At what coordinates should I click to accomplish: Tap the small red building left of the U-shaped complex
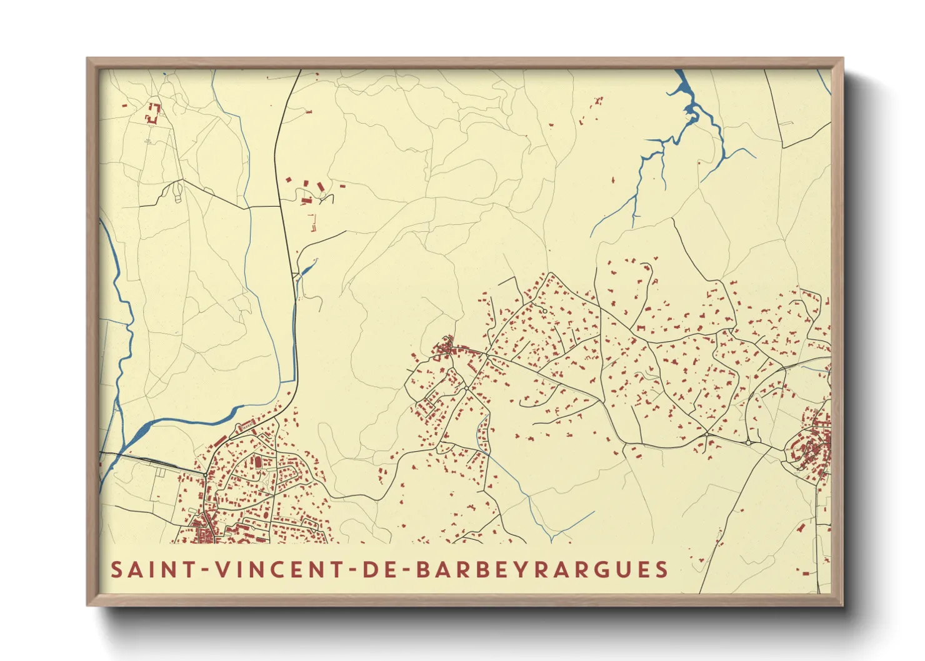124,106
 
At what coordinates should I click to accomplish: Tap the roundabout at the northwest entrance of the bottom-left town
205,475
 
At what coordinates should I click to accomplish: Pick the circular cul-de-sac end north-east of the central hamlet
544,311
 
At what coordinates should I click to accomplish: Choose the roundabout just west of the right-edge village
748,442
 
